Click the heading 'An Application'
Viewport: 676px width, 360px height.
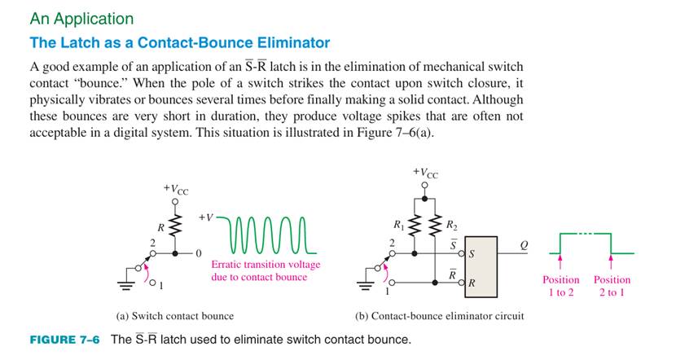click(x=81, y=18)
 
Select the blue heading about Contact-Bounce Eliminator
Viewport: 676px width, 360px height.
click(x=179, y=42)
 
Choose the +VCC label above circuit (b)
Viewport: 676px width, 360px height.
click(x=424, y=173)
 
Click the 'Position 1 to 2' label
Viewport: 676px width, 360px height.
click(x=560, y=286)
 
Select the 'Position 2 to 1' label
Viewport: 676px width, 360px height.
click(x=612, y=286)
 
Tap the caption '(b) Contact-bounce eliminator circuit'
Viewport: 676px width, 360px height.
click(x=439, y=316)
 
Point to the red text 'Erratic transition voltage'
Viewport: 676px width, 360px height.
click(x=266, y=265)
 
